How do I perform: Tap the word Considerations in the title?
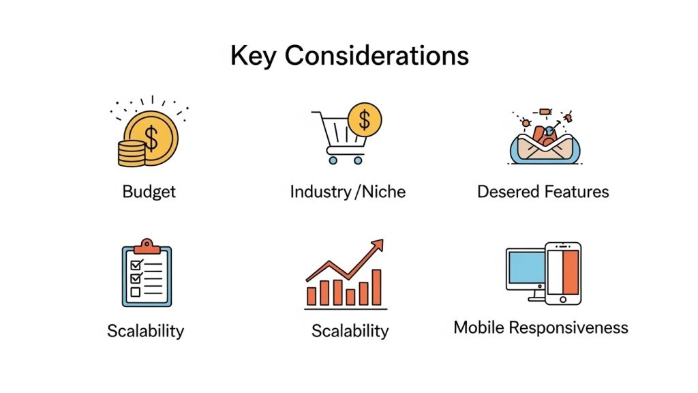[x=376, y=56]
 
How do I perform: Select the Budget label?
[x=149, y=192]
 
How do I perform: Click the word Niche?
[x=383, y=192]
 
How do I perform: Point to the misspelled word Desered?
[x=509, y=192]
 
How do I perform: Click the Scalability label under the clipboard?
[x=146, y=332]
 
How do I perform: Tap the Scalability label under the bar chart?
[x=350, y=332]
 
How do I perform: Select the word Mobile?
[x=479, y=327]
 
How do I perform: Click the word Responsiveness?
[x=568, y=328]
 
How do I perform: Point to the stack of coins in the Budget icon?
[x=132, y=154]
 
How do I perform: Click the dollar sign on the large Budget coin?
[x=151, y=138]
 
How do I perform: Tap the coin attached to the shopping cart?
[x=365, y=120]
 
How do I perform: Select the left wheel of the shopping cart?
[x=333, y=160]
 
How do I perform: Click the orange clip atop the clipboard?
[x=147, y=246]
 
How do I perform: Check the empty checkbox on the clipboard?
[x=136, y=292]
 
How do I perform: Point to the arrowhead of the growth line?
[x=378, y=246]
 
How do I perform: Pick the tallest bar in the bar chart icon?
[x=376, y=287]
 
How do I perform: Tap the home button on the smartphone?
[x=563, y=300]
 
